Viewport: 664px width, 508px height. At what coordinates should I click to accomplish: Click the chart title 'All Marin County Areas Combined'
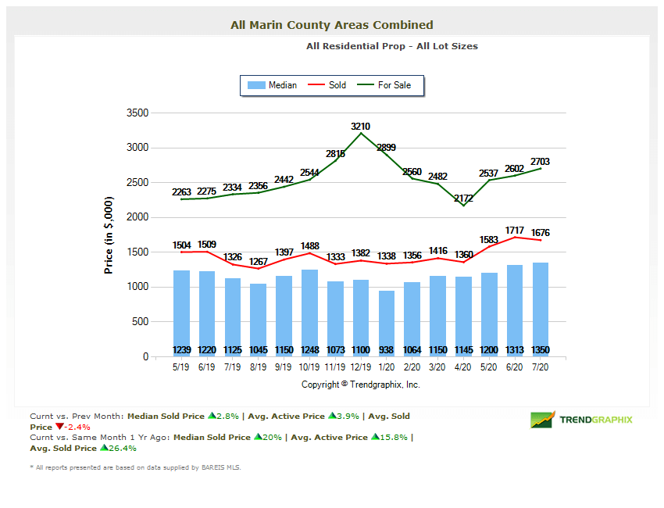pyautogui.click(x=332, y=25)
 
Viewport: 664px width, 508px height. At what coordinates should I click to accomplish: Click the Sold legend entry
pyautogui.click(x=328, y=85)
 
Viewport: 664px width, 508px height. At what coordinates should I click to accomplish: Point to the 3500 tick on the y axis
pyautogui.click(x=137, y=113)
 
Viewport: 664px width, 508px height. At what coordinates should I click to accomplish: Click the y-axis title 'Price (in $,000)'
pyautogui.click(x=109, y=234)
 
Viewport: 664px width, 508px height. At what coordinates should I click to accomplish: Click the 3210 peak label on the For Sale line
pyautogui.click(x=360, y=126)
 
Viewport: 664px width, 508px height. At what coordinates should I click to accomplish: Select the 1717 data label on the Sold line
pyautogui.click(x=515, y=231)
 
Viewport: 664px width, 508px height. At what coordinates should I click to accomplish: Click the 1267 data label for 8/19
pyautogui.click(x=259, y=261)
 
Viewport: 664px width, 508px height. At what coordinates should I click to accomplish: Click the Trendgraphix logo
pyautogui.click(x=581, y=420)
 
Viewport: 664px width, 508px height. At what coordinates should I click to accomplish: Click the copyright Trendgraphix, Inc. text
pyautogui.click(x=361, y=385)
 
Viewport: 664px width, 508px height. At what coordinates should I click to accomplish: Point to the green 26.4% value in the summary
pyautogui.click(x=121, y=449)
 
